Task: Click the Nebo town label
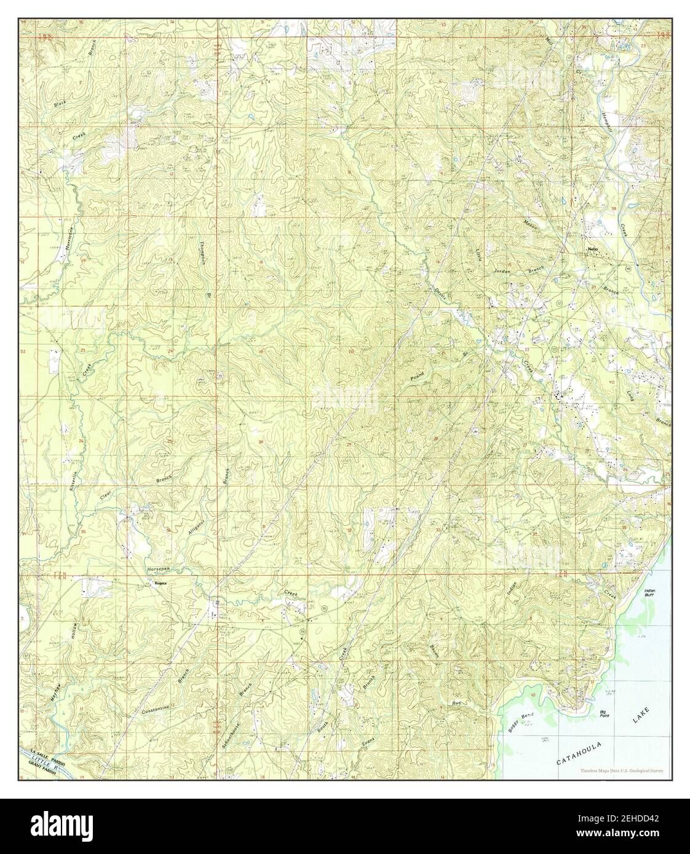pos(593,249)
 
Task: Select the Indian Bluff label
pos(650,593)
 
